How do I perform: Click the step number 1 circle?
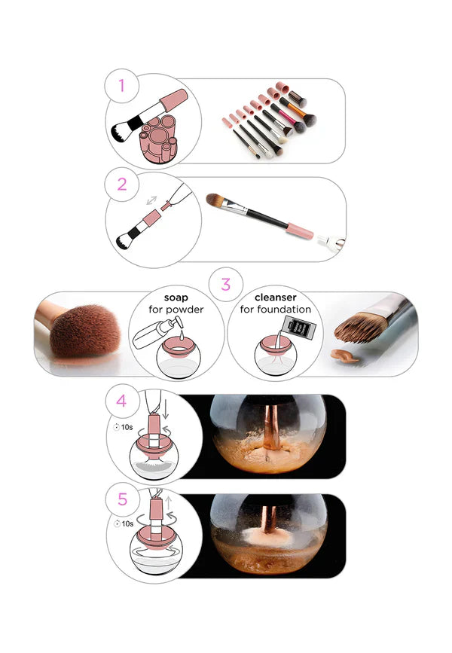(x=121, y=86)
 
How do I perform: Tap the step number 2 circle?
(x=121, y=183)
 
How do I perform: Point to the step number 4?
(x=121, y=401)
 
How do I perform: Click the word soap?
(x=176, y=298)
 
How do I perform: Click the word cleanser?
(x=275, y=298)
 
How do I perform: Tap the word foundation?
(x=286, y=310)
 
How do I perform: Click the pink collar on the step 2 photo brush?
(x=301, y=230)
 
